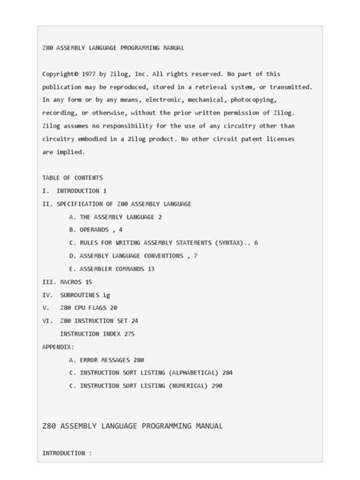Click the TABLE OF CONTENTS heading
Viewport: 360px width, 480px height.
tap(73, 178)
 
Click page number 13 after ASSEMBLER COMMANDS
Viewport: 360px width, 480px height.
tap(150, 268)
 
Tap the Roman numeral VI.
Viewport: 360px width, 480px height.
tap(46, 321)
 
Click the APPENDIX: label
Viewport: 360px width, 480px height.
tap(58, 346)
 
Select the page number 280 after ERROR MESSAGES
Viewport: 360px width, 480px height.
tap(139, 359)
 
